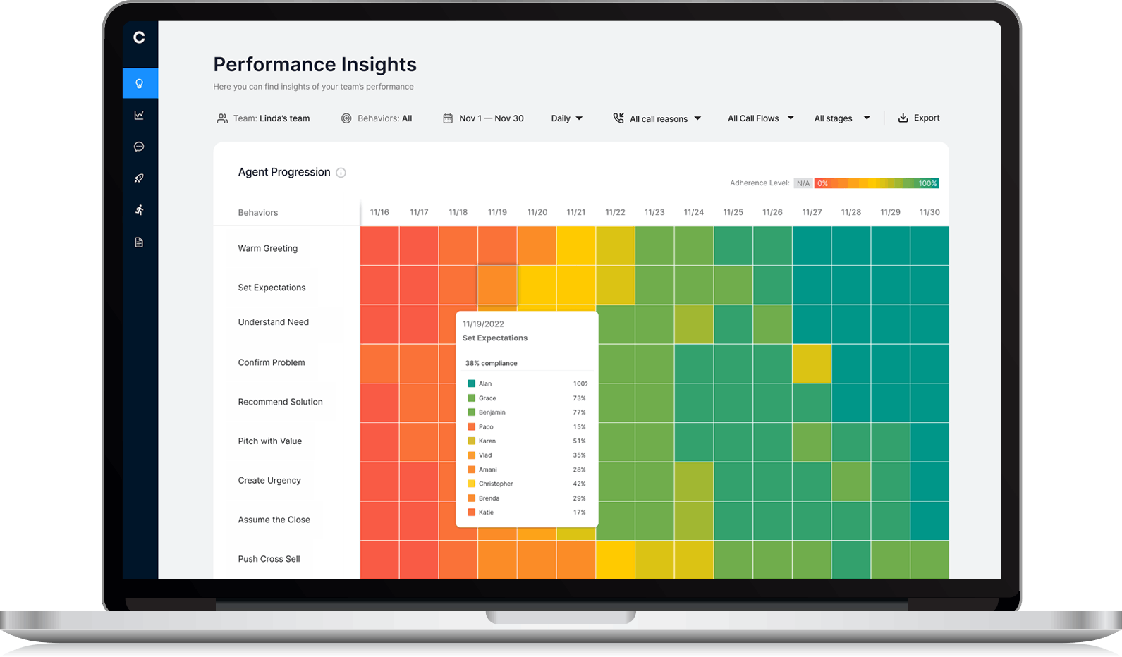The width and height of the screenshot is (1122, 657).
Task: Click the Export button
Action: tap(918, 118)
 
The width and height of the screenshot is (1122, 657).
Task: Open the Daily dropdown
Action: tap(566, 118)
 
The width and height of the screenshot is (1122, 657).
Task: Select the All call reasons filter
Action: tap(657, 118)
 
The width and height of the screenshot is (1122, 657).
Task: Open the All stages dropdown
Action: tap(841, 118)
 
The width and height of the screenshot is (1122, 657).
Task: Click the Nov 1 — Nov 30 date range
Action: tap(483, 118)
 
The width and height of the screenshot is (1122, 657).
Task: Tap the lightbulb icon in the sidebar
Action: tap(140, 83)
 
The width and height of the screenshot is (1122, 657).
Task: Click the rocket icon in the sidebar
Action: tap(140, 178)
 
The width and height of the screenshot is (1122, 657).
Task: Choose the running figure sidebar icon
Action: tap(140, 210)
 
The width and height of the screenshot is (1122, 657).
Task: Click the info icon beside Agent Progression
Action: tap(341, 173)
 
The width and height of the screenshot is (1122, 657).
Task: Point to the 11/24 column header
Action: tap(693, 212)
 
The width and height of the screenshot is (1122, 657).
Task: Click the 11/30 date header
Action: tap(929, 212)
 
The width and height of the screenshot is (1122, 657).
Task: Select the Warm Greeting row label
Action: tap(267, 248)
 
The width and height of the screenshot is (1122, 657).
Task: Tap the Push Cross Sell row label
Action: tap(269, 559)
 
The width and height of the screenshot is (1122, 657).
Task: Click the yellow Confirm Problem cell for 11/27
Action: tap(812, 364)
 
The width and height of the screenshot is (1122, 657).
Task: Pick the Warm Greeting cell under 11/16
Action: tap(379, 246)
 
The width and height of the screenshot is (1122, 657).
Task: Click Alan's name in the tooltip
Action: tap(485, 383)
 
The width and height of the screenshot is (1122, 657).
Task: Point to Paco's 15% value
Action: tap(579, 426)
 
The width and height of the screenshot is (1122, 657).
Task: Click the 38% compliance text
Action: tap(491, 363)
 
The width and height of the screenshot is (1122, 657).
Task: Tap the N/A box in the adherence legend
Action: tap(803, 183)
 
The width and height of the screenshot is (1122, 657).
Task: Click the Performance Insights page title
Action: tap(315, 64)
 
